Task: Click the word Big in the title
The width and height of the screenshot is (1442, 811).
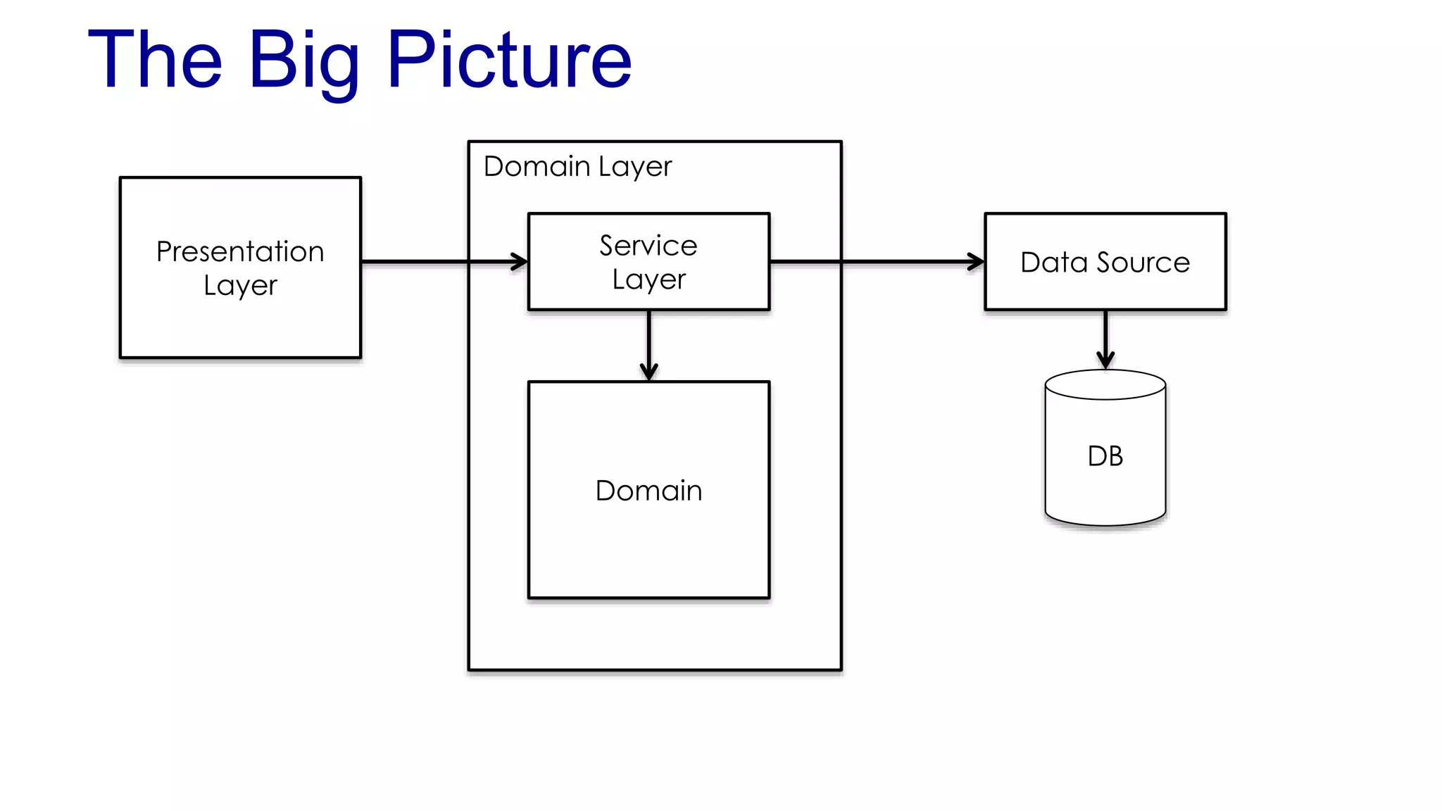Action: pyautogui.click(x=304, y=62)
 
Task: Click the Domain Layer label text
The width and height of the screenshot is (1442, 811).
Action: pyautogui.click(x=577, y=167)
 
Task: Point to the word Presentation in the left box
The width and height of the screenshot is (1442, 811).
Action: pyautogui.click(x=240, y=251)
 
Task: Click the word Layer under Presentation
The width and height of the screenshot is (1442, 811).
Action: pyautogui.click(x=240, y=286)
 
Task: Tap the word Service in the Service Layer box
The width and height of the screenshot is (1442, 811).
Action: pyautogui.click(x=648, y=246)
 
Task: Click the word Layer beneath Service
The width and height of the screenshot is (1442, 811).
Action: pyautogui.click(x=648, y=279)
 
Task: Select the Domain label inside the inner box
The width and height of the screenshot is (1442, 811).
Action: pyautogui.click(x=648, y=491)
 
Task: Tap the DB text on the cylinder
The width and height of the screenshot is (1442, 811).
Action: pyautogui.click(x=1105, y=456)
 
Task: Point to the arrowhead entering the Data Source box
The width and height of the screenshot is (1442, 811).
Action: pyautogui.click(x=977, y=262)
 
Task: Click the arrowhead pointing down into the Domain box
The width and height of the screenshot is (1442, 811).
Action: pyautogui.click(x=648, y=372)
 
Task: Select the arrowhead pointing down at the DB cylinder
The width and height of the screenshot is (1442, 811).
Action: pyautogui.click(x=1105, y=360)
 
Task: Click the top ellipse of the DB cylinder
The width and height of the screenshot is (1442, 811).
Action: pyautogui.click(x=1105, y=385)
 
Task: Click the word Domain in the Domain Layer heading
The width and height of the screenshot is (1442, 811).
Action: pyautogui.click(x=537, y=167)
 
